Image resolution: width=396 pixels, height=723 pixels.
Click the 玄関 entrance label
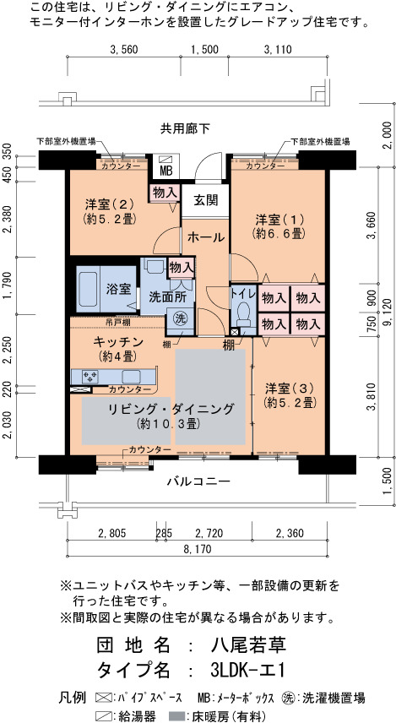coord(205,200)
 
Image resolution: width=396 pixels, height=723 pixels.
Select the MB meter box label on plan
coord(165,171)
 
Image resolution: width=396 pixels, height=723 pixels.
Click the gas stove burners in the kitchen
coord(90,376)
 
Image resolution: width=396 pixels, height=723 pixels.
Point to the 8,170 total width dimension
coord(198,549)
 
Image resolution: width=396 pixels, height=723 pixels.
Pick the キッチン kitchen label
coord(117,342)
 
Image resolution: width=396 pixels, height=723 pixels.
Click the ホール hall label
coord(206,238)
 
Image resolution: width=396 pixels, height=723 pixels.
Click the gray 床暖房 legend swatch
coord(176,716)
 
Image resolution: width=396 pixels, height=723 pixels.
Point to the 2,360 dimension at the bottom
coord(290,534)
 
